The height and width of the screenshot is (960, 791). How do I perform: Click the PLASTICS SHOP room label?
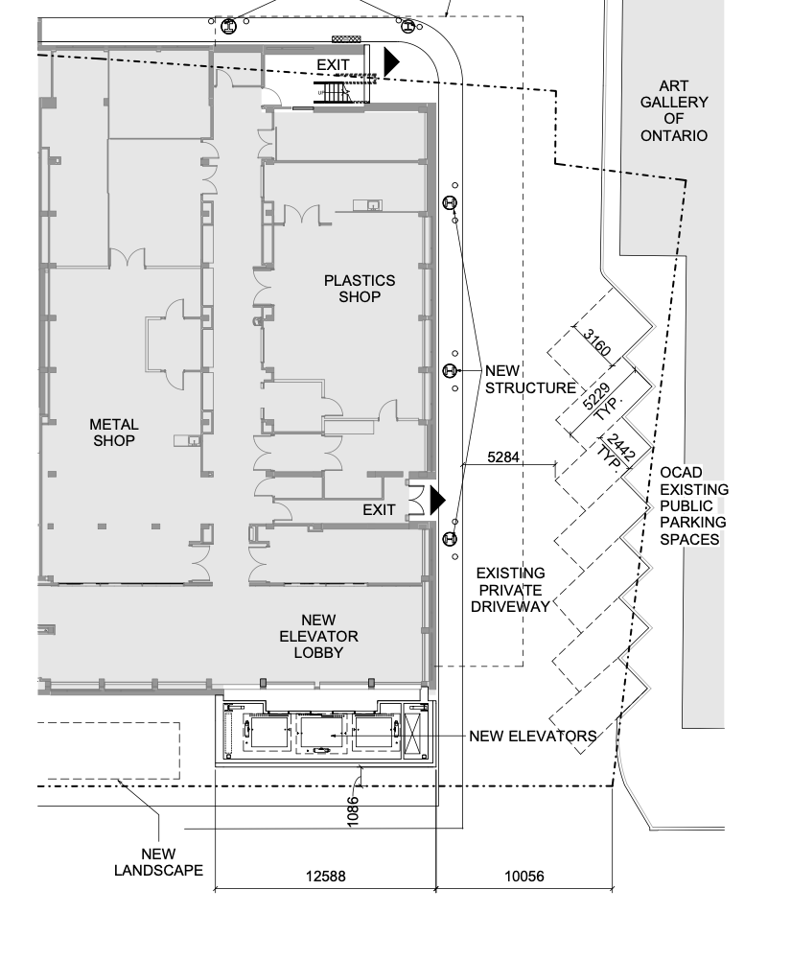[x=360, y=289]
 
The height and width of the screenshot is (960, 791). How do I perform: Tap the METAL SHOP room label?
[x=114, y=433]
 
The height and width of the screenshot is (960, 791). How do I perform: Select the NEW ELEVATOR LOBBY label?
[x=318, y=636]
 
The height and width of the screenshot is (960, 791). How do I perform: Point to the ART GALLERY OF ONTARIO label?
[x=674, y=111]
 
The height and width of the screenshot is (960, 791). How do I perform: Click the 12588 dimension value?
[x=326, y=877]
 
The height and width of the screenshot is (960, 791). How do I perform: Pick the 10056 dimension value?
[x=524, y=877]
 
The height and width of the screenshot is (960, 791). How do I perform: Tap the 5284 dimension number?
[x=503, y=457]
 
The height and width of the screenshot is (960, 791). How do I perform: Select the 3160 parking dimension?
[x=596, y=343]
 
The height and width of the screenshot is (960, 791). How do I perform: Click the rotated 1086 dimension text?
[x=353, y=811]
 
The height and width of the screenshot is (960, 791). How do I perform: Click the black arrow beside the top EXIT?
[x=391, y=61]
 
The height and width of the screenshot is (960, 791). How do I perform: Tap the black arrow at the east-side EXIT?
[x=438, y=501]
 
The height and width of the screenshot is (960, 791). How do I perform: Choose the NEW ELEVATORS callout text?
[x=533, y=736]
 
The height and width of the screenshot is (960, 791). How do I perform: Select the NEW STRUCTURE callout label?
[x=530, y=379]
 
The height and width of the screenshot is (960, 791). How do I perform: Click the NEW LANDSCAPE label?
[x=158, y=862]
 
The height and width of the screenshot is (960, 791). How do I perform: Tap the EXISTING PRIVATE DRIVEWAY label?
[x=510, y=590]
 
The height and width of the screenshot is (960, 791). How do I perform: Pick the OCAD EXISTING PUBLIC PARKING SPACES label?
[x=693, y=505]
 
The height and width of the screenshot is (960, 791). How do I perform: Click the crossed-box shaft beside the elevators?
[x=416, y=733]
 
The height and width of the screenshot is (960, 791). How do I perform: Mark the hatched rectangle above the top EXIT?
[x=346, y=38]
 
